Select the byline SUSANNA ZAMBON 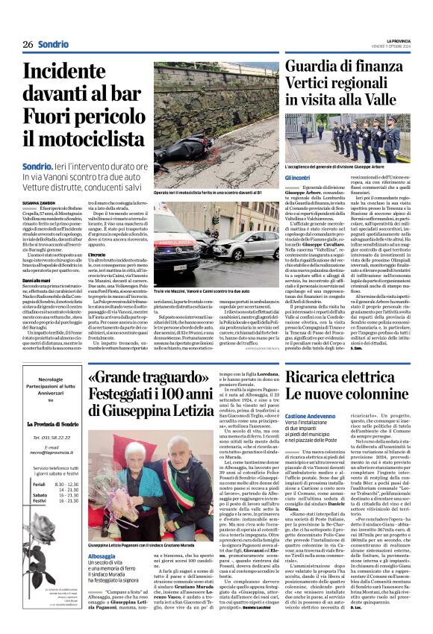(38, 202)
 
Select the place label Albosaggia (102, 557)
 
